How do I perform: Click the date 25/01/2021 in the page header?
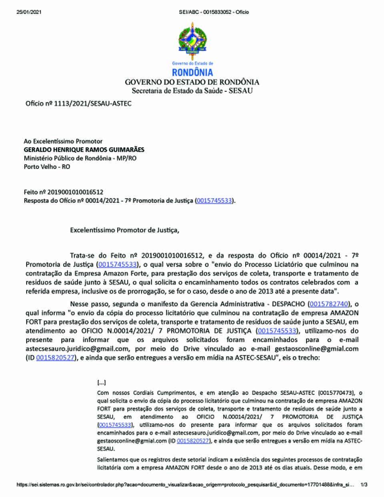pyautogui.click(x=29, y=12)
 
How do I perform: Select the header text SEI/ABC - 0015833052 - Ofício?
pyautogui.click(x=214, y=12)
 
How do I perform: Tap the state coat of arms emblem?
pyautogui.click(x=192, y=40)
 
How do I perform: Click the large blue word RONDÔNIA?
pyautogui.click(x=192, y=72)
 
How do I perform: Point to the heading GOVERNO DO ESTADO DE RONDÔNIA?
pyautogui.click(x=192, y=82)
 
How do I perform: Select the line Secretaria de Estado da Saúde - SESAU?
pyautogui.click(x=192, y=91)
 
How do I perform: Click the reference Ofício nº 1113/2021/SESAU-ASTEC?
pyautogui.click(x=78, y=104)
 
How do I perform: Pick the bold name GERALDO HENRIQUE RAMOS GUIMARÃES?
pyautogui.click(x=84, y=150)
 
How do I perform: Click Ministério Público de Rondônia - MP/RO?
pyautogui.click(x=80, y=158)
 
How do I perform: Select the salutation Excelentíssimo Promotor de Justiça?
pyautogui.click(x=122, y=230)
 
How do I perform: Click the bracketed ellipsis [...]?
pyautogui.click(x=101, y=383)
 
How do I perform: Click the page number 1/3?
pyautogui.click(x=364, y=485)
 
